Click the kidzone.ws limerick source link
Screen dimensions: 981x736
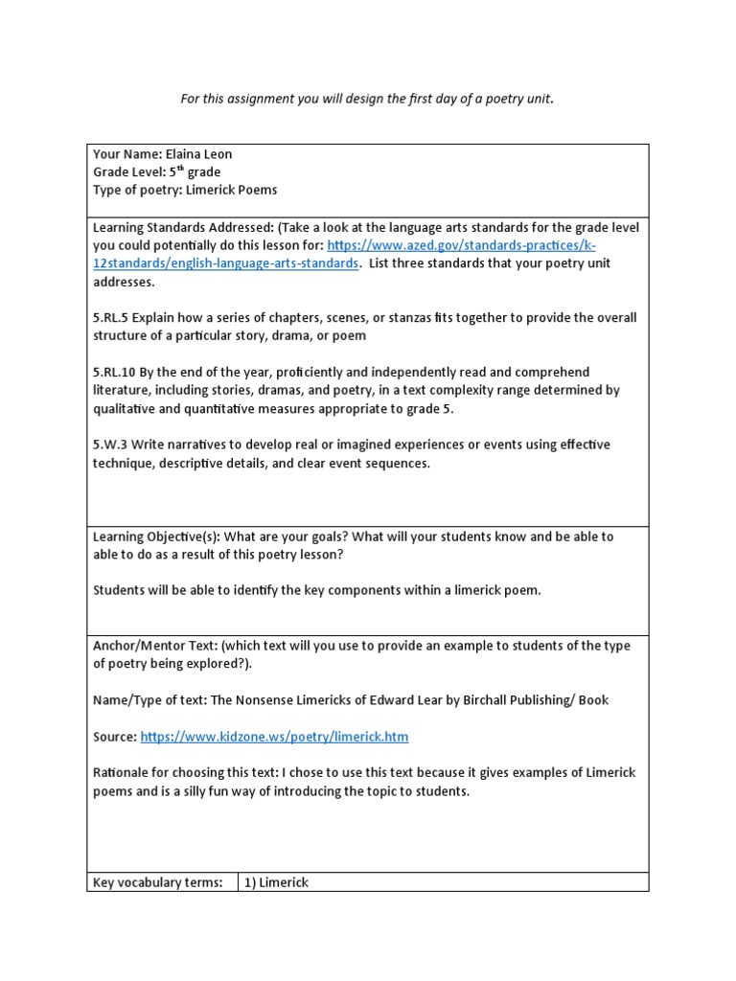274,737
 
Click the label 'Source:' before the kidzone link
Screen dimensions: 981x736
115,737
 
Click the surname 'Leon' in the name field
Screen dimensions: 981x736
217,154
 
